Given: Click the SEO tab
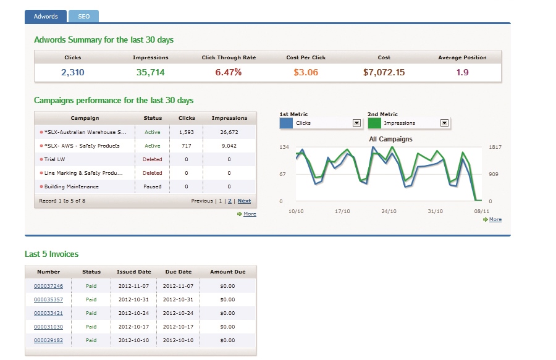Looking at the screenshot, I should [83, 17].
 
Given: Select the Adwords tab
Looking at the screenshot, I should [46, 17].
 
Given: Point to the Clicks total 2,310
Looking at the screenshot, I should [73, 73].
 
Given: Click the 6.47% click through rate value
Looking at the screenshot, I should [229, 73].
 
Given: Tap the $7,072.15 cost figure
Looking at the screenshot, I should [384, 73].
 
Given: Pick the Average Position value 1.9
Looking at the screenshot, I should [462, 73].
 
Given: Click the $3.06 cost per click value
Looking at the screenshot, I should [306, 73].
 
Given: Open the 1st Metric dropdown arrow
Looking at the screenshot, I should [356, 123].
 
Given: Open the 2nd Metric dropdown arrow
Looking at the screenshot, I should [444, 123].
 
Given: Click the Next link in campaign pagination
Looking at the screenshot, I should [244, 201].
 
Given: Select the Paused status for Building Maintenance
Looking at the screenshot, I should [153, 186].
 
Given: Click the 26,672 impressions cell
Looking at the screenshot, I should [229, 132].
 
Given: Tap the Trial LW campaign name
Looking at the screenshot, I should [55, 159].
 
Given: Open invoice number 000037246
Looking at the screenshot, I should [49, 286].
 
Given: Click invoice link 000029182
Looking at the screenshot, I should [49, 340].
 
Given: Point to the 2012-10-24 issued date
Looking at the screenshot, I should [134, 313].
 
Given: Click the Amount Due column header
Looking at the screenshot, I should [228, 272].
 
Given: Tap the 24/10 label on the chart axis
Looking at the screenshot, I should [389, 211].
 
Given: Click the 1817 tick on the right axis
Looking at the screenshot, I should [495, 147].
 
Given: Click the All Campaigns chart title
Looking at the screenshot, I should [390, 139].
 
